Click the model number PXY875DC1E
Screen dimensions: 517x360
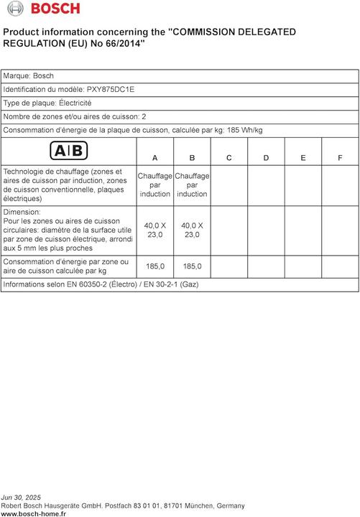110,89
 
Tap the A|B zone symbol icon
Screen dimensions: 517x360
69,151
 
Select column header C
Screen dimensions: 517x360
229,157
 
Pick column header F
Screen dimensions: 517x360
340,157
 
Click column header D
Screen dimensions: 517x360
266,157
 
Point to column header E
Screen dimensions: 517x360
303,157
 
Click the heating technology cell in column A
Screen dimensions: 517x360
155,185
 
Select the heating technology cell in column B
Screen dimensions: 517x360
192,185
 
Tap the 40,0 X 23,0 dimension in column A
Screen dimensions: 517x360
155,230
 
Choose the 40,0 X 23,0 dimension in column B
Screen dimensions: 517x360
192,230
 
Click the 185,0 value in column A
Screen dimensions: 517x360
155,266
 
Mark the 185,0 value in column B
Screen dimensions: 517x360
192,266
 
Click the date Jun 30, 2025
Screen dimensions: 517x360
22,497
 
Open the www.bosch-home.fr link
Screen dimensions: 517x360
33,513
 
